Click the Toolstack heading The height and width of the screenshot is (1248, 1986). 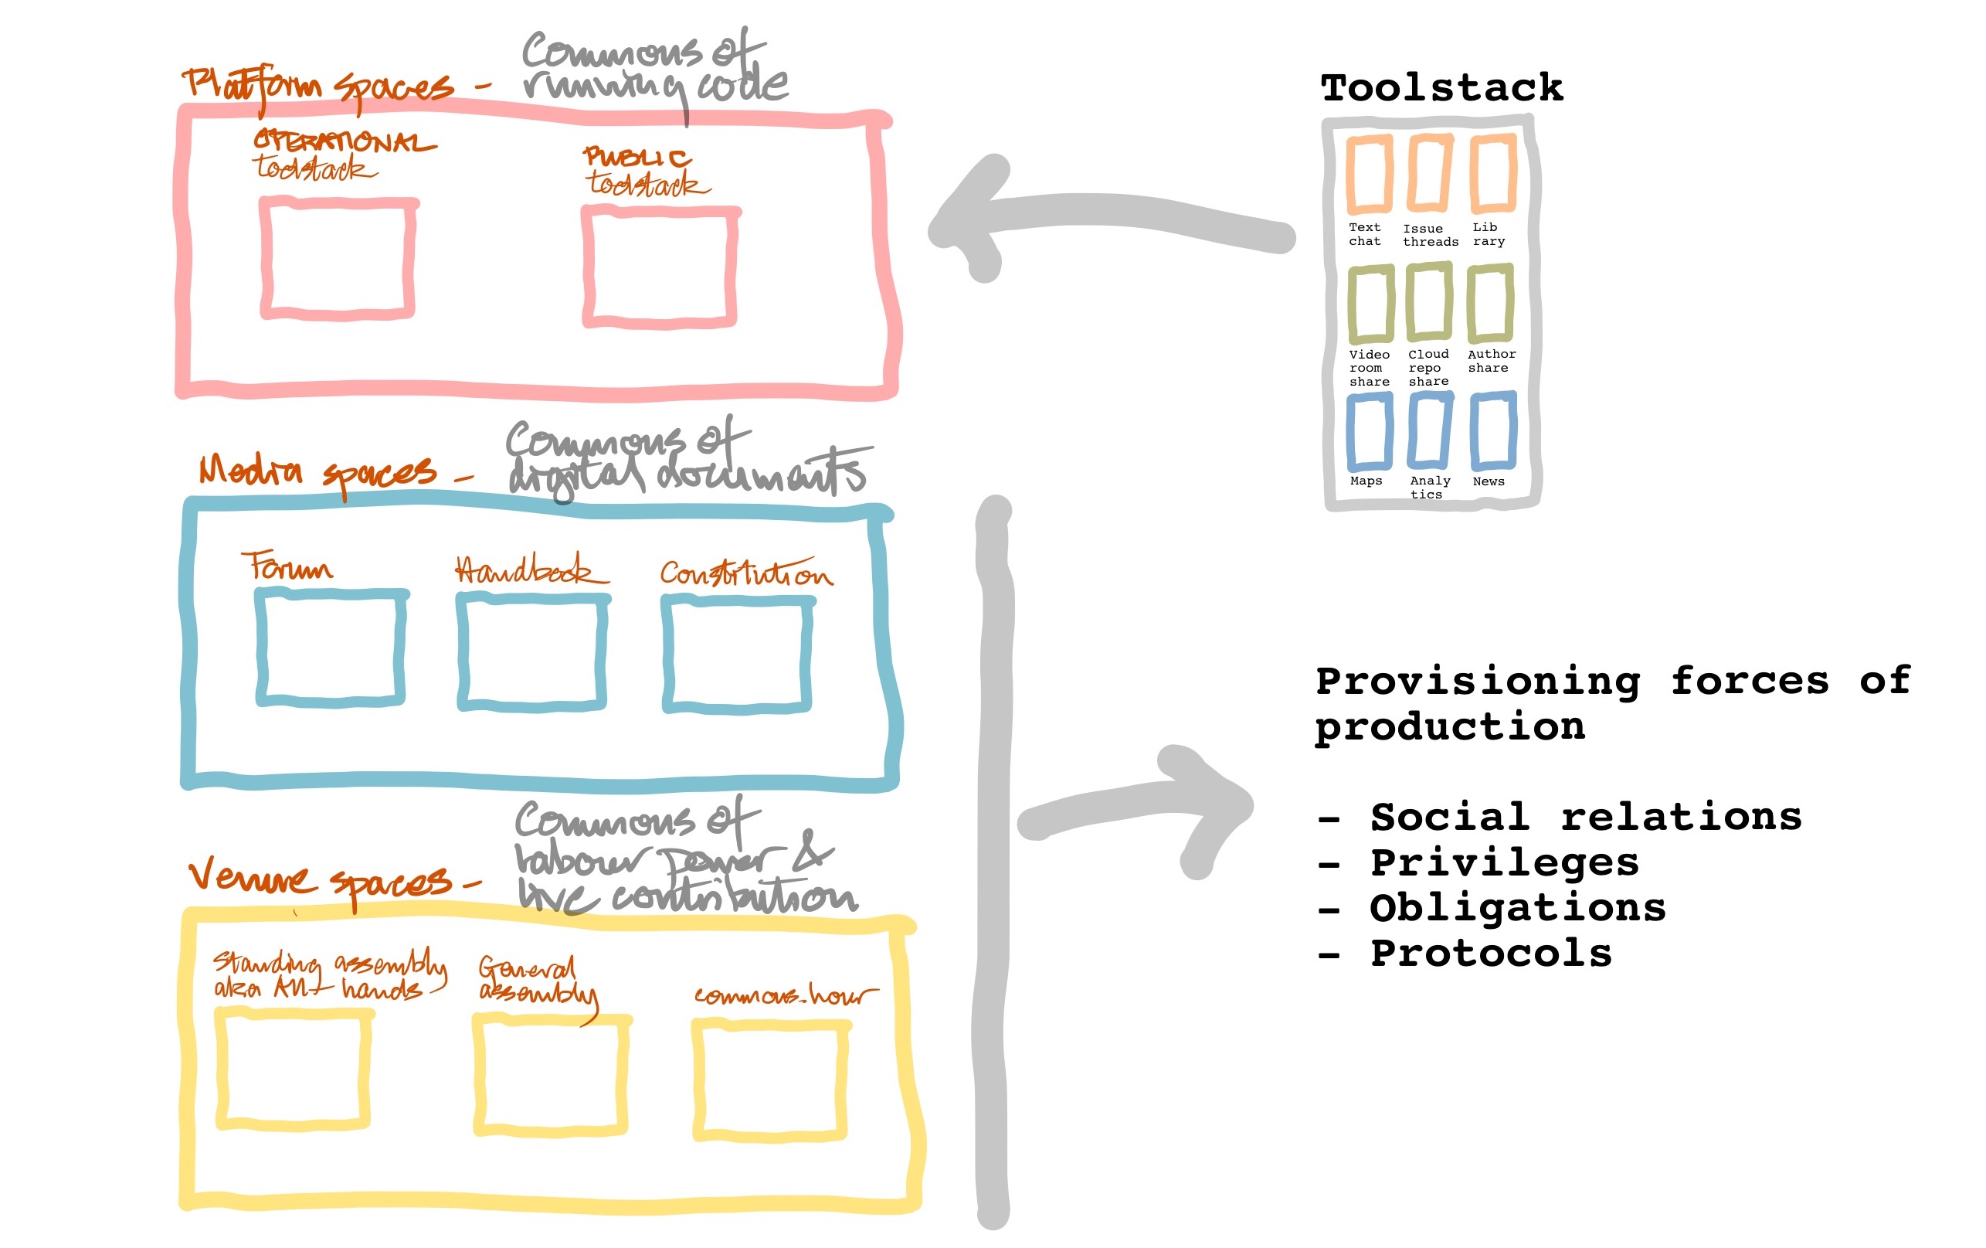coord(1441,88)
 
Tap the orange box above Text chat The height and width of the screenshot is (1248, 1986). coord(1369,174)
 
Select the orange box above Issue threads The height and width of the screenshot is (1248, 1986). coord(1429,173)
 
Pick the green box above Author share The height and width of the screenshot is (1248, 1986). coord(1489,303)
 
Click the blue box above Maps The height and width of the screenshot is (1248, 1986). coord(1369,431)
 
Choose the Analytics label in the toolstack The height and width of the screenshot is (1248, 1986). coord(1428,487)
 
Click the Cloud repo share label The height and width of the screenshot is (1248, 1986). coord(1428,368)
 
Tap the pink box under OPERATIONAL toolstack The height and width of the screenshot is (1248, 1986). coord(338,259)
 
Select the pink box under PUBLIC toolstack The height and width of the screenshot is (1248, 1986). coord(660,267)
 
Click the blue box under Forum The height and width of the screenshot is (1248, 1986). coord(331,648)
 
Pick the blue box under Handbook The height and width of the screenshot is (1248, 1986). coord(532,651)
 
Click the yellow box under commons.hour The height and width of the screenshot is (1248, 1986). coord(770,1080)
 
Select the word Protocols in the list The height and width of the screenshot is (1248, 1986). coord(1490,954)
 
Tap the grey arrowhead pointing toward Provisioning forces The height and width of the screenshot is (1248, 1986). coord(1217,808)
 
